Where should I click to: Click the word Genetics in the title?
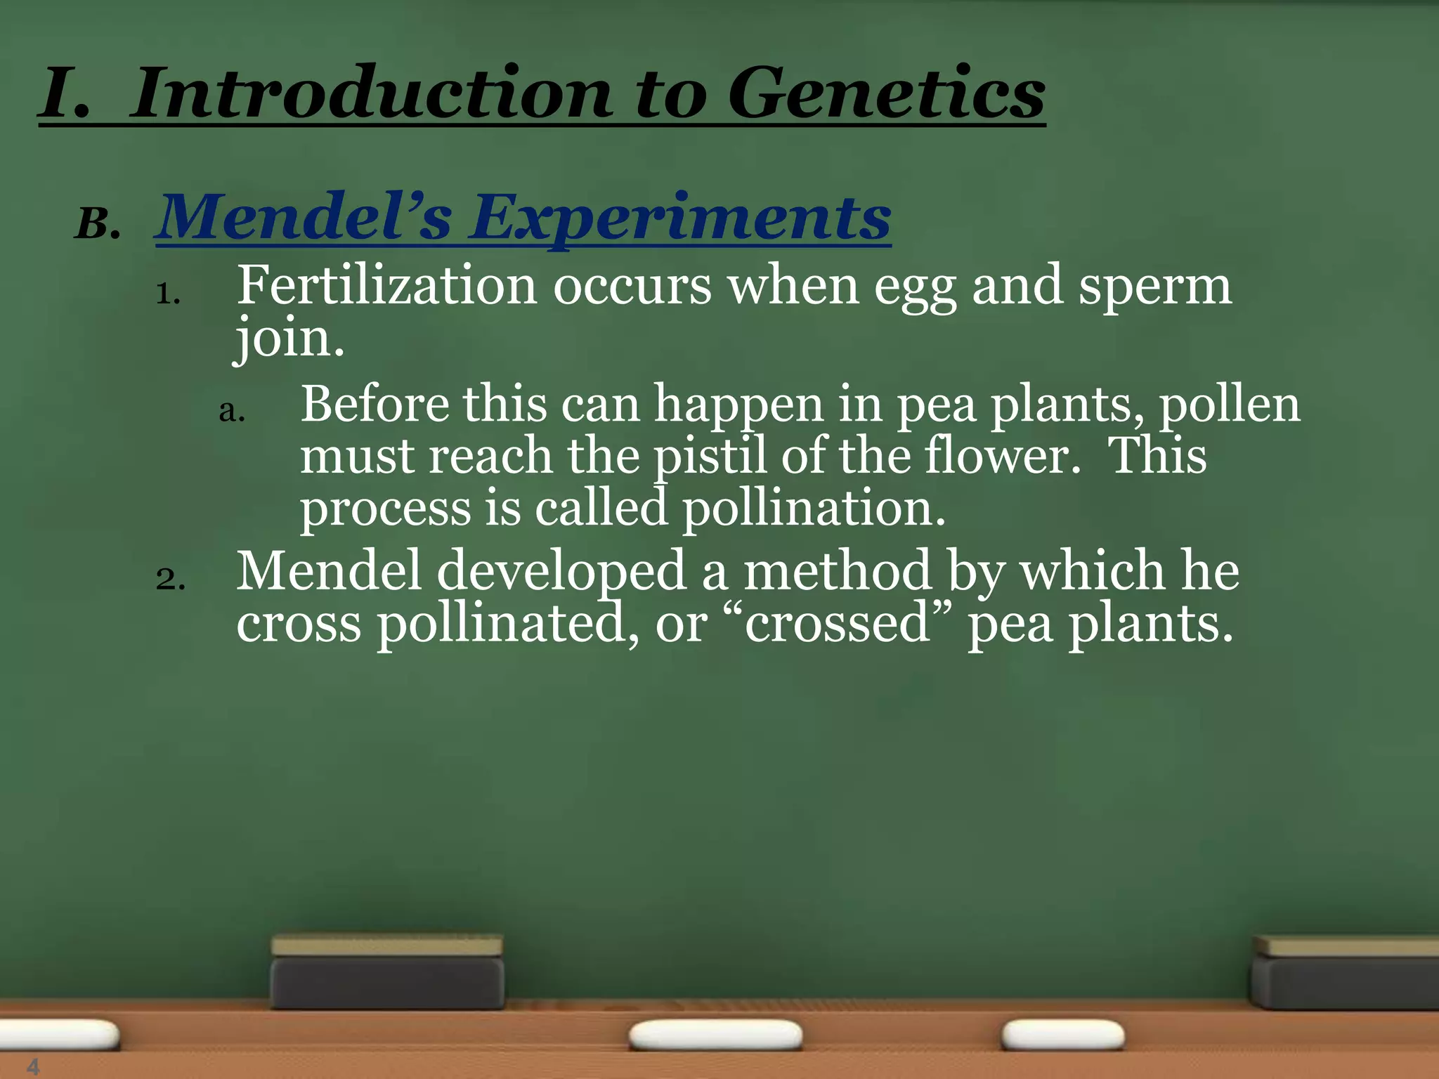click(x=886, y=93)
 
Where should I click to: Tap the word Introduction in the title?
click(x=372, y=93)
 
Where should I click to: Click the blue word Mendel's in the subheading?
click(x=304, y=218)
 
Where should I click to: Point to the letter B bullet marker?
click(x=96, y=225)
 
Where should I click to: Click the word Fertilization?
click(x=386, y=286)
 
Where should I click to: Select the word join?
click(x=289, y=339)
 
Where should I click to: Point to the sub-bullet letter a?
click(x=231, y=411)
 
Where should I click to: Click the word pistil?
click(x=710, y=457)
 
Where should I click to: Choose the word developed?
click(x=561, y=570)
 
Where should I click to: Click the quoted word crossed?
click(x=838, y=623)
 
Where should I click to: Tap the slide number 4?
click(x=33, y=1066)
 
